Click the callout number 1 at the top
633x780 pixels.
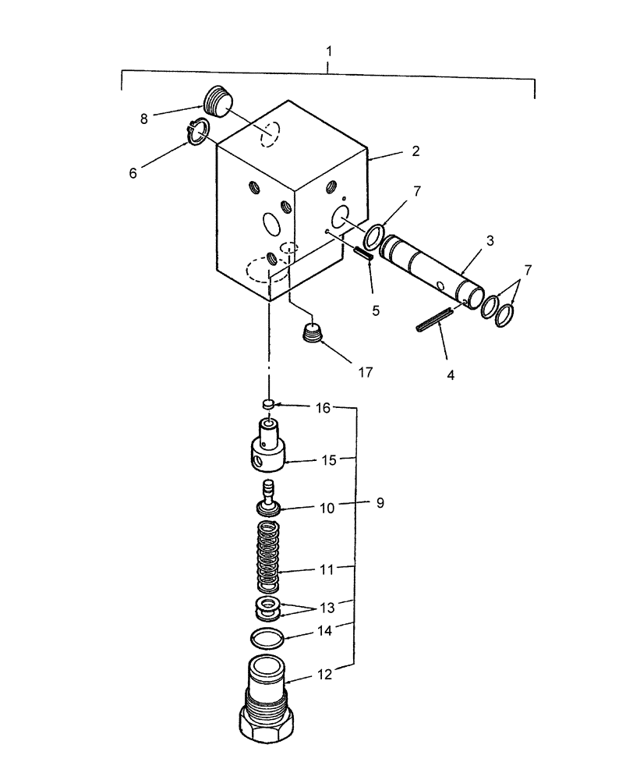(x=329, y=51)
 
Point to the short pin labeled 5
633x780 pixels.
(x=364, y=255)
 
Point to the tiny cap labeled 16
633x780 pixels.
(x=267, y=404)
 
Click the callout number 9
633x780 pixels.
(x=380, y=504)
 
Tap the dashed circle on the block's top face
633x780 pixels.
(x=269, y=134)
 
